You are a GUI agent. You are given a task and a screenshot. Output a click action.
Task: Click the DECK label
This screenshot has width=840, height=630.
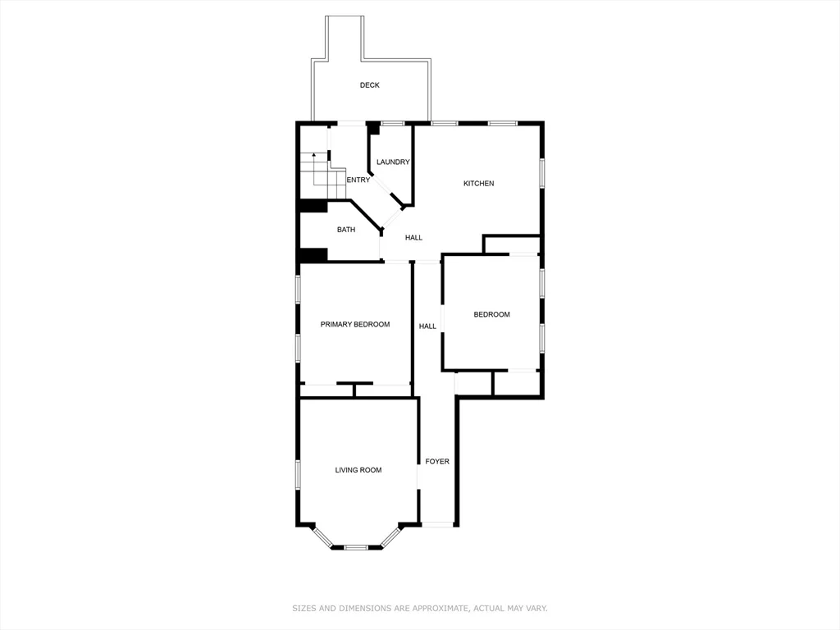click(369, 85)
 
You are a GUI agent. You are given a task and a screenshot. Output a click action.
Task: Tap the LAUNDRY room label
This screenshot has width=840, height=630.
click(393, 162)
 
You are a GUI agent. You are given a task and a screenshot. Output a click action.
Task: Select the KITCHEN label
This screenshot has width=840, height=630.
click(478, 184)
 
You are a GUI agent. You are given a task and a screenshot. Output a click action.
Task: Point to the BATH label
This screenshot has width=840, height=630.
click(346, 230)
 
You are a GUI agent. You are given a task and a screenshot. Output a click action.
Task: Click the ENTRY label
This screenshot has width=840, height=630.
click(358, 180)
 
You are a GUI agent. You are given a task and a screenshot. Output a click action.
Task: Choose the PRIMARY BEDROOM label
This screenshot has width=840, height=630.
click(354, 325)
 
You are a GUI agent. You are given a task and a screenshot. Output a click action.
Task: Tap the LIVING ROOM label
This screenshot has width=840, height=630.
click(358, 470)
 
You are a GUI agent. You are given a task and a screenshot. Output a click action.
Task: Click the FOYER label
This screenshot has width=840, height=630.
click(437, 462)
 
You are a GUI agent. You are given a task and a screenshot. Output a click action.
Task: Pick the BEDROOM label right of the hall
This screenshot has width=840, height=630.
click(491, 315)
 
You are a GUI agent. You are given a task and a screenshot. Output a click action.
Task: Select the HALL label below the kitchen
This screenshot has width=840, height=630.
click(413, 238)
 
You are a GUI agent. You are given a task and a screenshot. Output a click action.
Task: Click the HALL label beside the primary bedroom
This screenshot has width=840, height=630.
click(427, 326)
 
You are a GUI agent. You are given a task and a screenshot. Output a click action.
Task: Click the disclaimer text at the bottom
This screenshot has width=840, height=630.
click(420, 609)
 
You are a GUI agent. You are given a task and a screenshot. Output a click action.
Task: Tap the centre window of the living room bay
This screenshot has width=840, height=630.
click(356, 547)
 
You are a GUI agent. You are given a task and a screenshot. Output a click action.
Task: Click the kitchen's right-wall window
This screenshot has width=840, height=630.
click(541, 172)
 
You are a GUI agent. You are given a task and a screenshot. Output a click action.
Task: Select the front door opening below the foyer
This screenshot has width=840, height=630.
click(437, 525)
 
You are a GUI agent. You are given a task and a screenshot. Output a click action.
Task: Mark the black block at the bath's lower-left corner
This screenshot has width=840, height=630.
click(313, 255)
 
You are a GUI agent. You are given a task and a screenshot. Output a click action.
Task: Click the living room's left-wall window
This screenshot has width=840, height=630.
click(298, 474)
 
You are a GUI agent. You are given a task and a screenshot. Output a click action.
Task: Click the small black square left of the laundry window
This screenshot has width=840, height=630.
click(373, 128)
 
